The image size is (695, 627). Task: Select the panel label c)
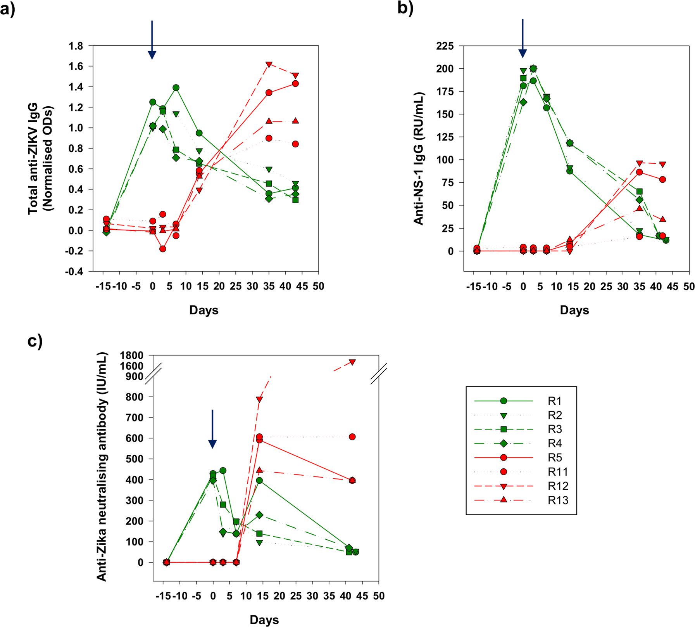coord(35,341)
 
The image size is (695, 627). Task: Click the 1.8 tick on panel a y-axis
coord(76,46)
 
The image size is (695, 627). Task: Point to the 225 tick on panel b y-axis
coord(444,46)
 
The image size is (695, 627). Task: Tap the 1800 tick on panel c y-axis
coord(131,355)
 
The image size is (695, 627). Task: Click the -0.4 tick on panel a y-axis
coord(74,272)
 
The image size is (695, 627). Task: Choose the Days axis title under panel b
coord(574,310)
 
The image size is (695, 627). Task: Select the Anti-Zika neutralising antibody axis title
coord(102,466)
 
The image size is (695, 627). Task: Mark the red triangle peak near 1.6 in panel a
coord(269,64)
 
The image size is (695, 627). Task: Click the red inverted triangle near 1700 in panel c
coord(352,362)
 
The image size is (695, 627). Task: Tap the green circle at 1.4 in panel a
coord(176,88)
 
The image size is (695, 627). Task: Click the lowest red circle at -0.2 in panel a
coord(162,249)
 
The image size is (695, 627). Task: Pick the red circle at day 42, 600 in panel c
coord(352,437)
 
